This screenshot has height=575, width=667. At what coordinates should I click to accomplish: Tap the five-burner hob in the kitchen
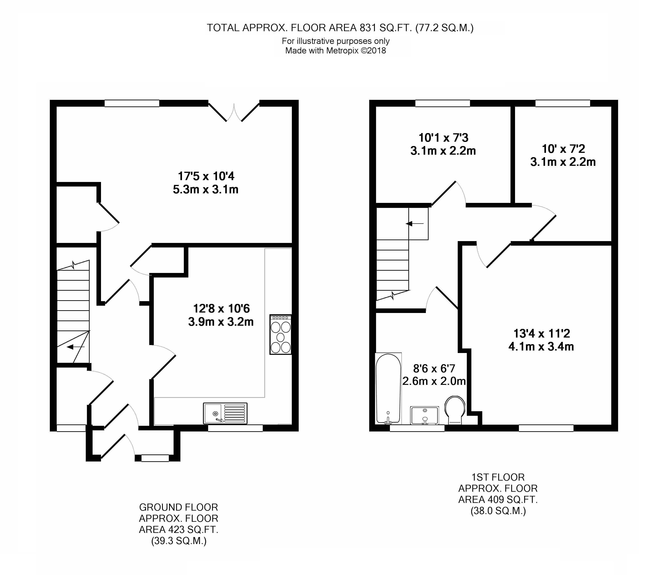tap(280, 335)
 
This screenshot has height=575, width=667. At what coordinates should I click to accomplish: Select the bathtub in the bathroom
tap(389, 388)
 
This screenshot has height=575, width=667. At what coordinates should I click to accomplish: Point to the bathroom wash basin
tap(424, 415)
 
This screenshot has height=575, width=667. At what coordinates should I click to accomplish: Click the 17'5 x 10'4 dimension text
tap(206, 176)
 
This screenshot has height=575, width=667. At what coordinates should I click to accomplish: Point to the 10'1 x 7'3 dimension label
tap(443, 138)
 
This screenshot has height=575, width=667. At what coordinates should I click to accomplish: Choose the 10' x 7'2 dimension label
tap(563, 149)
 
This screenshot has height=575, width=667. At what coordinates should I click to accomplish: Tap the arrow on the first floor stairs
tap(415, 223)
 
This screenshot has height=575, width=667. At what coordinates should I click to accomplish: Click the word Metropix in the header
tap(342, 50)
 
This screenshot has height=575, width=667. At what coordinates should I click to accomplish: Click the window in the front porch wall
tap(155, 458)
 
